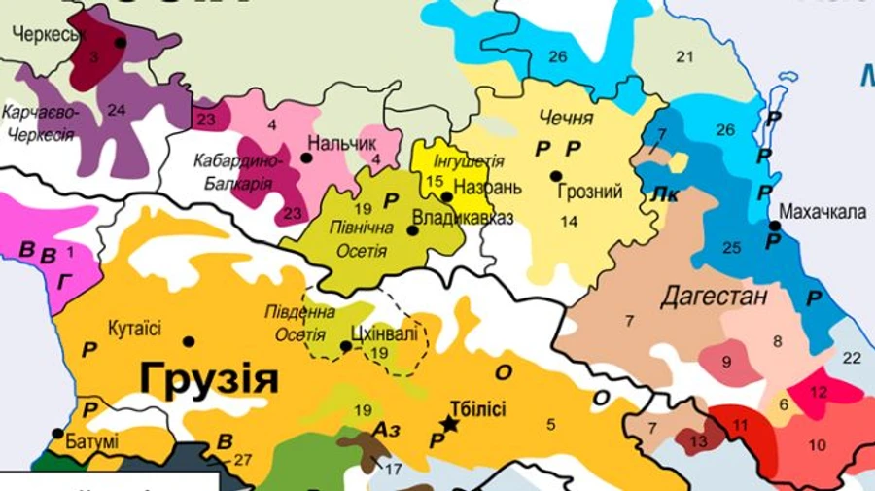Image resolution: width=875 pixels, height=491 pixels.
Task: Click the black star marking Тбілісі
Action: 449,424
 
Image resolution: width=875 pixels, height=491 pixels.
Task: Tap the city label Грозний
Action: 590,193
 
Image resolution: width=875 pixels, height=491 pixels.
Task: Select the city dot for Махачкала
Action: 775,226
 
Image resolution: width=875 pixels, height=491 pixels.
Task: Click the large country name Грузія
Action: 208,378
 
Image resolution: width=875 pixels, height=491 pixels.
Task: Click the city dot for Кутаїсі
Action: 189,341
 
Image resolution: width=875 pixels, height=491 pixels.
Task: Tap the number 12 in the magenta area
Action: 818,391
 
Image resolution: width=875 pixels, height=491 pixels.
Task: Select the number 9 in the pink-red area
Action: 725,363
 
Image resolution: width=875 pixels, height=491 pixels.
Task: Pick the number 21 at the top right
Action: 685,55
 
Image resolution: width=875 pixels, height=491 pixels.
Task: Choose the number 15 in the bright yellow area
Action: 435,180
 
